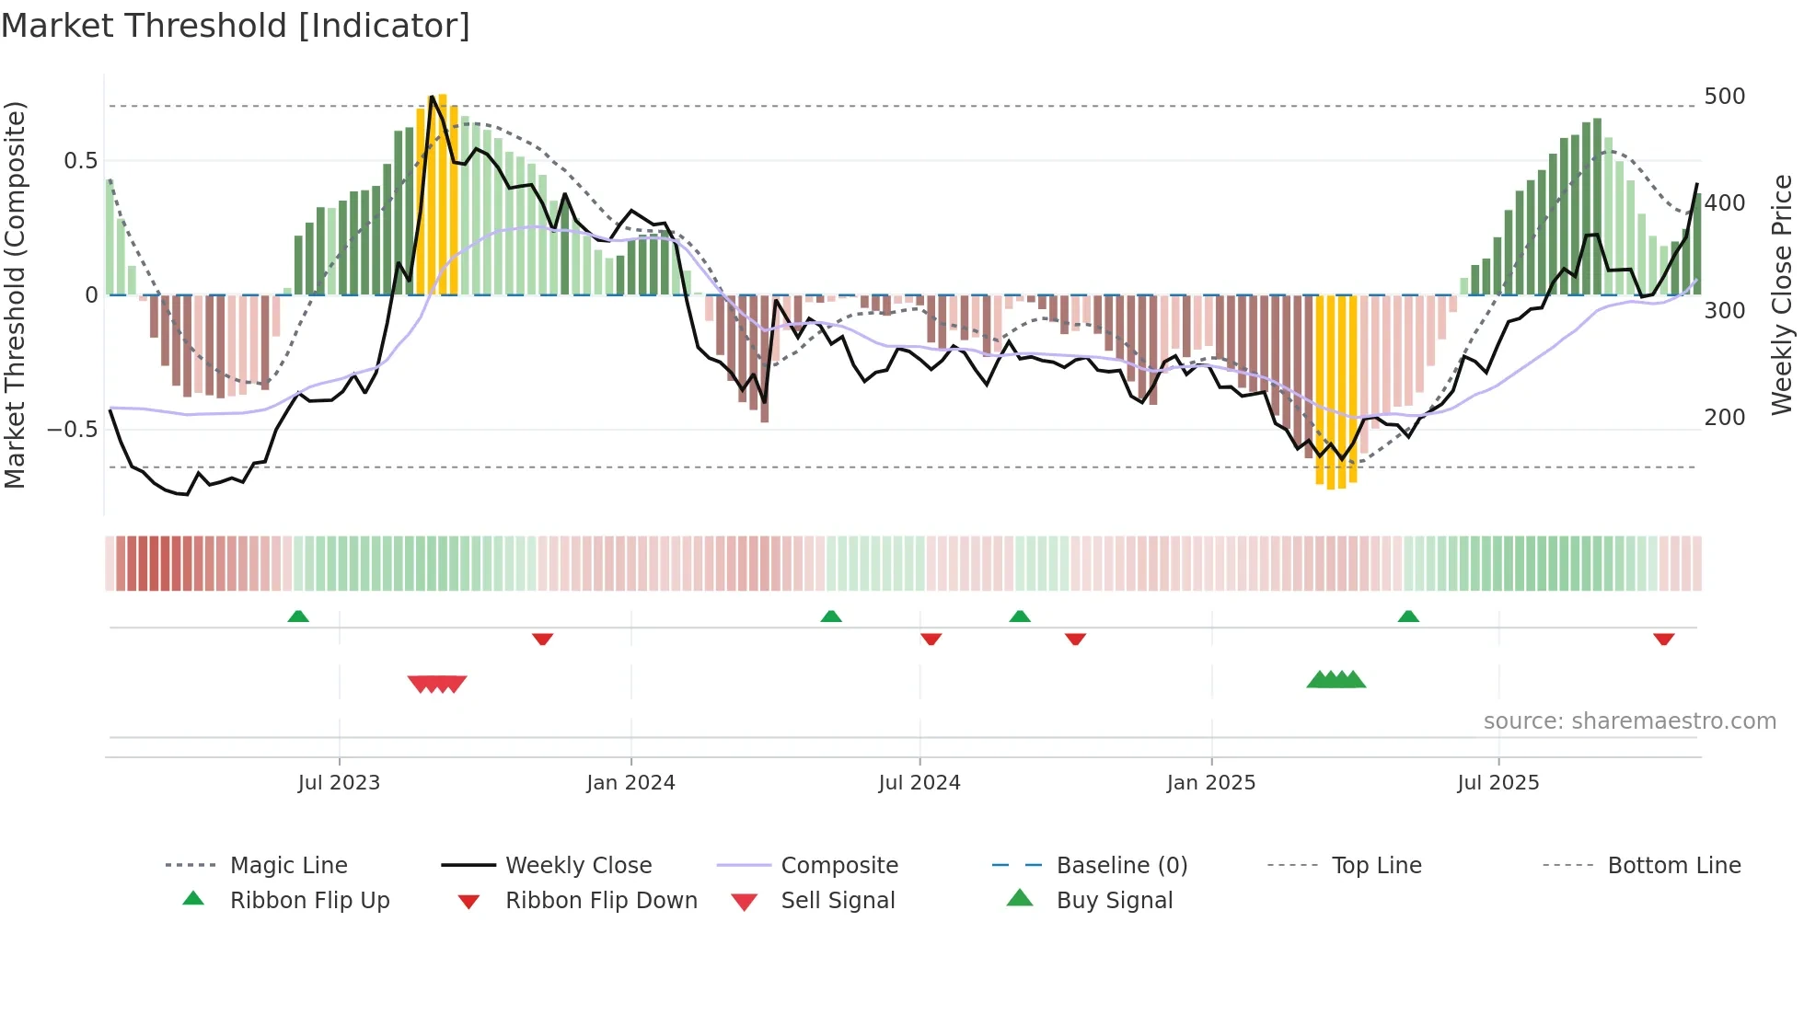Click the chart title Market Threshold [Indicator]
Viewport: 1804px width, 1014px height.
(236, 26)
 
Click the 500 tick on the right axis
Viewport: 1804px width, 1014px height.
(1724, 97)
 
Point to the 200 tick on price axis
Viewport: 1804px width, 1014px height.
(1724, 418)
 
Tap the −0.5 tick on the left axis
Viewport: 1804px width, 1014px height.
(73, 430)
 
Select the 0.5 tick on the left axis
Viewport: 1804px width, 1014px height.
(80, 161)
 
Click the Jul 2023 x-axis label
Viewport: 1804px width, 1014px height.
(339, 783)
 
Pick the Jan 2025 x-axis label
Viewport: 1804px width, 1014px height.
(1210, 783)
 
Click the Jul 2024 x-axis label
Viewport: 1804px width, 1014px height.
(919, 783)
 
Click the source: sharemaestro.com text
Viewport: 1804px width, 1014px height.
(1629, 721)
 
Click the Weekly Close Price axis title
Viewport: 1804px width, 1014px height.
(1782, 294)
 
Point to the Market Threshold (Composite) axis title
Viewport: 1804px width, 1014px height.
(15, 294)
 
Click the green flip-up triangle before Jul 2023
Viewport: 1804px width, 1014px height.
(298, 616)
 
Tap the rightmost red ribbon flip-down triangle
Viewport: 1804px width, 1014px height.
(1663, 639)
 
